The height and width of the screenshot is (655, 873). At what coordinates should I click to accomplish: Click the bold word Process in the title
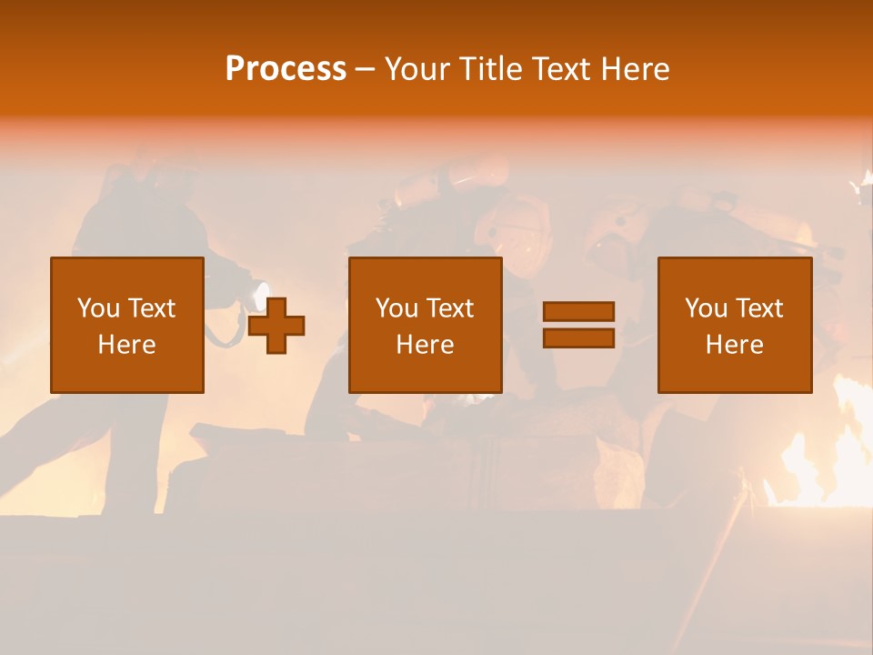click(286, 69)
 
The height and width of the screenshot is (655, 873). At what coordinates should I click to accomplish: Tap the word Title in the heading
click(491, 69)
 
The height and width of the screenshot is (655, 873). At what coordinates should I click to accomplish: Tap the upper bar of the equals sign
click(578, 311)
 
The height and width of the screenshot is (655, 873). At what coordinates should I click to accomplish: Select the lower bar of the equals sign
click(578, 338)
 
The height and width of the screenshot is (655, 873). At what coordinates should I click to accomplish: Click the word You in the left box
click(98, 308)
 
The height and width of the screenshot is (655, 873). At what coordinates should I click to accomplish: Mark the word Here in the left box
click(126, 345)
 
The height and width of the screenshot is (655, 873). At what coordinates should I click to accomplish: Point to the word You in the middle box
click(396, 308)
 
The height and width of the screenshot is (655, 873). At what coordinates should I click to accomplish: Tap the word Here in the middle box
click(425, 345)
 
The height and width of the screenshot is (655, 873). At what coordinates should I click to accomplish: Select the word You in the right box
click(706, 308)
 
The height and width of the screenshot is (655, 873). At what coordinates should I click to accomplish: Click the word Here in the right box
click(734, 345)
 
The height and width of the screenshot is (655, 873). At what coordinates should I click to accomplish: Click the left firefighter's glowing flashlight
click(261, 295)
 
